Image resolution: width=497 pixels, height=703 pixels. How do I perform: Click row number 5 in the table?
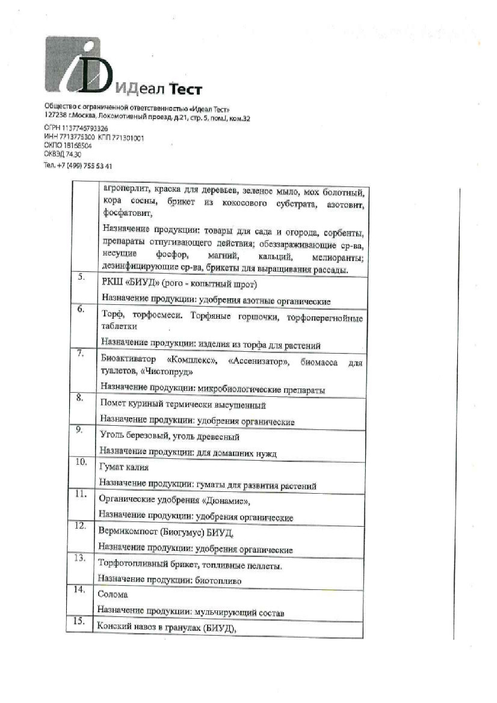coord(81,278)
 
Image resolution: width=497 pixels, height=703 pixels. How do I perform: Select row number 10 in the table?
coord(81,462)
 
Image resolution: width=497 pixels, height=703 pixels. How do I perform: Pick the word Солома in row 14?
coord(113,595)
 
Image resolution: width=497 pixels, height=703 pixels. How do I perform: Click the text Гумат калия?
coord(124,467)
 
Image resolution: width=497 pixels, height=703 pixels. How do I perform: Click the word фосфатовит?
coord(128,213)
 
